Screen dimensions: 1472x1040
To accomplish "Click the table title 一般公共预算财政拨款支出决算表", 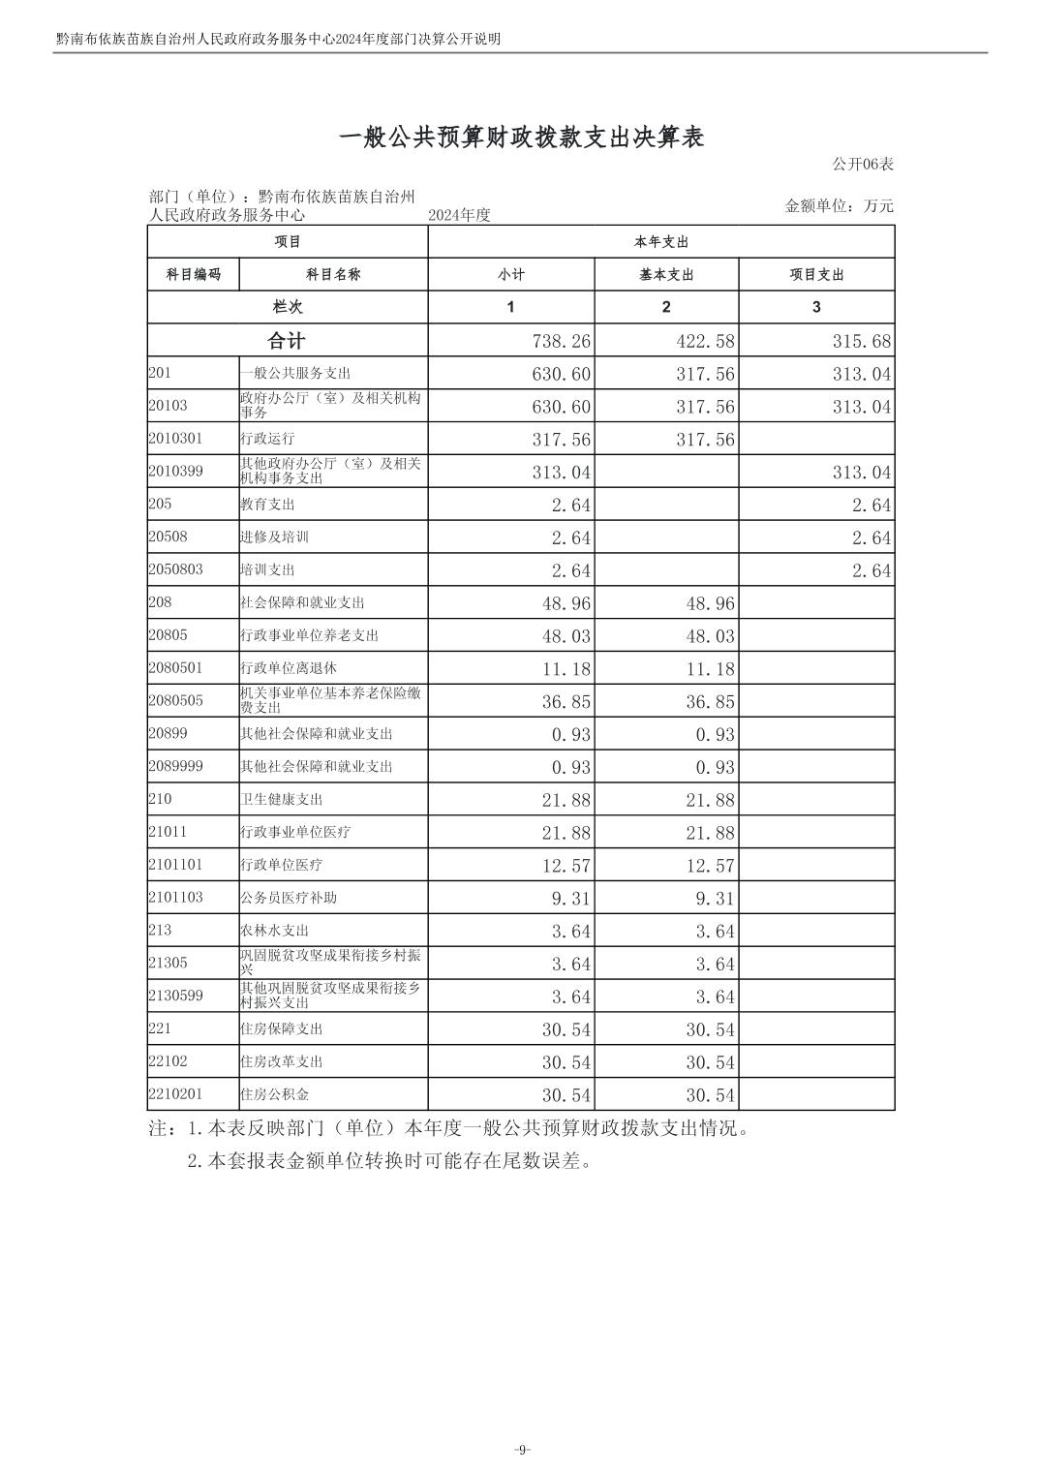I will pyautogui.click(x=521, y=138).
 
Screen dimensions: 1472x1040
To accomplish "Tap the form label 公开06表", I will pyautogui.click(x=863, y=165).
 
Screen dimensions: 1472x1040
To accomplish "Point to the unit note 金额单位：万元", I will pyautogui.click(x=840, y=206).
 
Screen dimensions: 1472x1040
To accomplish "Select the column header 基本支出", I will pyautogui.click(x=666, y=275).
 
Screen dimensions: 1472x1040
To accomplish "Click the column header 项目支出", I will pyautogui.click(x=816, y=275).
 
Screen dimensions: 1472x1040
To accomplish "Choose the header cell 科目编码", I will pyautogui.click(x=193, y=275).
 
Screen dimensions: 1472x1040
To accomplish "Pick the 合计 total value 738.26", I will pyautogui.click(x=562, y=342).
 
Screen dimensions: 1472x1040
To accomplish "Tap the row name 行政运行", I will pyautogui.click(x=267, y=440).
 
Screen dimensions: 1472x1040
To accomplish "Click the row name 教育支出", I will pyautogui.click(x=267, y=505).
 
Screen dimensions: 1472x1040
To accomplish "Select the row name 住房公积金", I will pyautogui.click(x=274, y=1094).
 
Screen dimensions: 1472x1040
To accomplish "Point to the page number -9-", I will pyautogui.click(x=521, y=1449).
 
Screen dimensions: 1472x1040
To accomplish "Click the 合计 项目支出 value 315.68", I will pyautogui.click(x=862, y=342).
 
